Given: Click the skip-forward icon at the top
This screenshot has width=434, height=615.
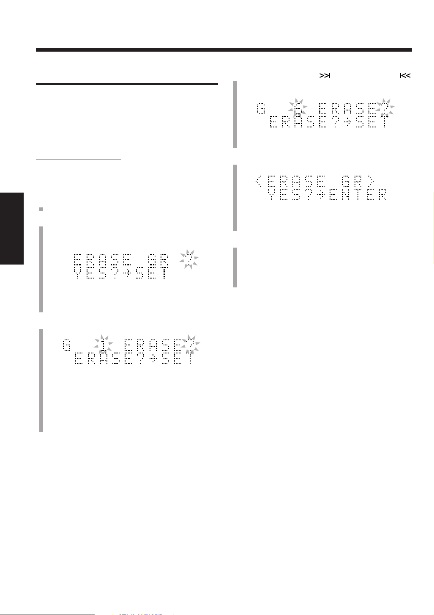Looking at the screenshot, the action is [325, 76].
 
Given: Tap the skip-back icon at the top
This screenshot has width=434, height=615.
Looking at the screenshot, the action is [405, 76].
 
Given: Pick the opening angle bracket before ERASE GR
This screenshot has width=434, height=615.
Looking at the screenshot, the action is [259, 182].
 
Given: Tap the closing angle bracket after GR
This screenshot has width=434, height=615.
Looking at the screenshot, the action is [370, 182].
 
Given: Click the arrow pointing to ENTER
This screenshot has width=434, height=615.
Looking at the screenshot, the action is [321, 195].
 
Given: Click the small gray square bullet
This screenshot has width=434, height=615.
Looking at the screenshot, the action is [41, 209].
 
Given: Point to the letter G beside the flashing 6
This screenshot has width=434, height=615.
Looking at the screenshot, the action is [261, 109].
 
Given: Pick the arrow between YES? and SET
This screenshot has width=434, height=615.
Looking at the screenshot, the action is [125, 273].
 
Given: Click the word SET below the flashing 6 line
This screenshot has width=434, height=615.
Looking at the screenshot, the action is [372, 122].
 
